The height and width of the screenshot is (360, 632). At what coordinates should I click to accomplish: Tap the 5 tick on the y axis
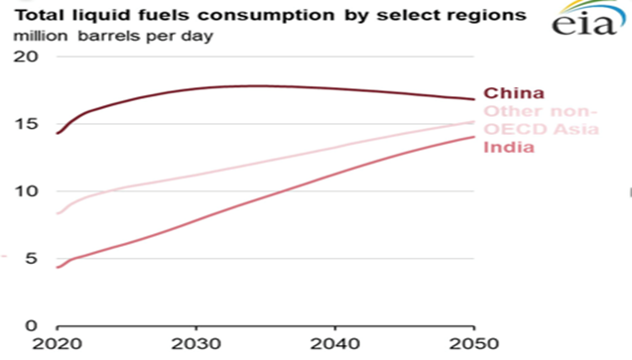32,259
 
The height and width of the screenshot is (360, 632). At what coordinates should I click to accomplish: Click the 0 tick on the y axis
32,325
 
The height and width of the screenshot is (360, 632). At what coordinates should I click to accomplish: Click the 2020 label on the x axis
59,344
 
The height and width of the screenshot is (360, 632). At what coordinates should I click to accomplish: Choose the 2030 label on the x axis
196,344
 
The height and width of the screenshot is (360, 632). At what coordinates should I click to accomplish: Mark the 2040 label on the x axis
335,344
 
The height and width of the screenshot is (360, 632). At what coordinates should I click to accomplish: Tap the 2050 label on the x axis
473,344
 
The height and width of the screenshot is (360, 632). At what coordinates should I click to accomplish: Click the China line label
507,93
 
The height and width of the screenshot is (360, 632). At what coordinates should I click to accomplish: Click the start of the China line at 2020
59,133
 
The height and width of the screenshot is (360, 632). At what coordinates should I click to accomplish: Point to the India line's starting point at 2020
59,267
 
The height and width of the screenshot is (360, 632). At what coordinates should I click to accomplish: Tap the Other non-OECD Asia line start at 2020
59,213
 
